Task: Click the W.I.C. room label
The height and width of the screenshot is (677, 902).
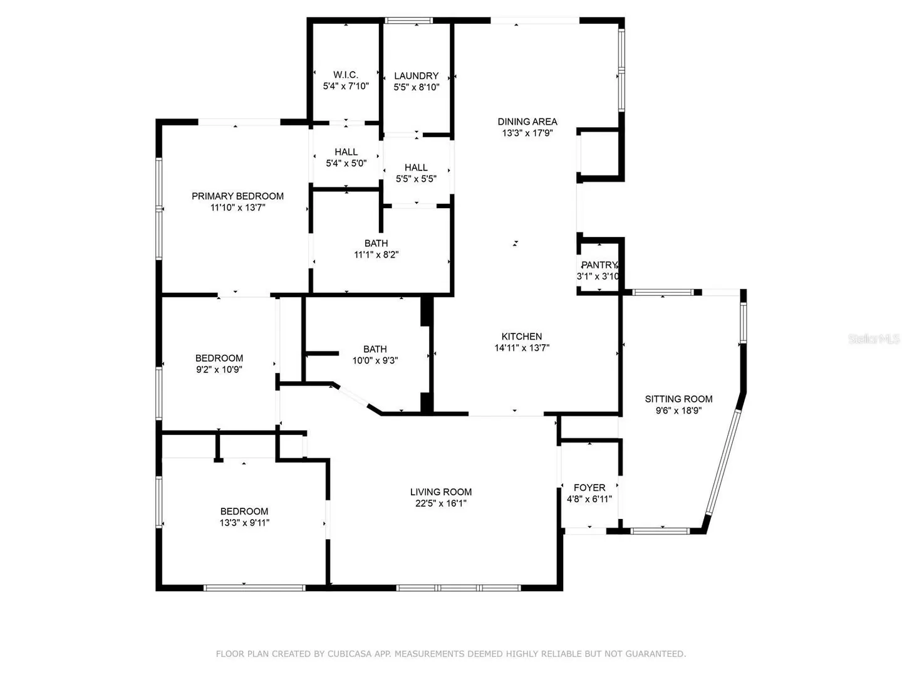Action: pos(345,75)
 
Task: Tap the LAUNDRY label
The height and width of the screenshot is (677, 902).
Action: pos(416,76)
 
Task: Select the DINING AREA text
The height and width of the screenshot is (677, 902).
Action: pos(527,122)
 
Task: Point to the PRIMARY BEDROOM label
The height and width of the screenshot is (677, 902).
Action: pos(237,196)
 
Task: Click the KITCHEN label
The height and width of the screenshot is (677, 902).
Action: pos(522,336)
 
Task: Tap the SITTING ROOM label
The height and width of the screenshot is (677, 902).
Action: pos(678,399)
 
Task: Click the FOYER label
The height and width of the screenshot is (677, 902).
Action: pos(589,488)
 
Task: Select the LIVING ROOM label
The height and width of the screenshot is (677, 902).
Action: pos(440,491)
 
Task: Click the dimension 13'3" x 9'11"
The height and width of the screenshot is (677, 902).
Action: pos(244,522)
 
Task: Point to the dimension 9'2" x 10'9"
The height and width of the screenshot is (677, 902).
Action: pos(219,369)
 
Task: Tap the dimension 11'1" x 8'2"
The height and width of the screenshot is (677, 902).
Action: pos(376,255)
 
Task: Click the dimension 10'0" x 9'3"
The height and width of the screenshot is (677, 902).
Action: pos(375,360)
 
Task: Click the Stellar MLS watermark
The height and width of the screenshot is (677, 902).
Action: pos(874,338)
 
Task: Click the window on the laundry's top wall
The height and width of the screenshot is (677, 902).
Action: pos(408,20)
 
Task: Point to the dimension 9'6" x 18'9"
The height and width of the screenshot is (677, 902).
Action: pos(678,410)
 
